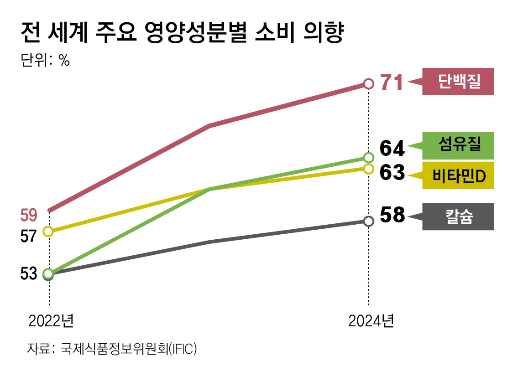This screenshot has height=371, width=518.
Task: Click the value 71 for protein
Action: coord(392,83)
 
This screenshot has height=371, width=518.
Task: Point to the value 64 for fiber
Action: coord(392,149)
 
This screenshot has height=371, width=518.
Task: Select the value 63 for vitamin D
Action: coord(392,173)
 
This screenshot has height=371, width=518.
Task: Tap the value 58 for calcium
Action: coord(392,215)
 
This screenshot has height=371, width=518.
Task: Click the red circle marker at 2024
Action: coord(369,84)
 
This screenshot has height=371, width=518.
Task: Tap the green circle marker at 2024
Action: coord(369,158)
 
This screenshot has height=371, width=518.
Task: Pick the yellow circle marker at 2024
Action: coord(369,169)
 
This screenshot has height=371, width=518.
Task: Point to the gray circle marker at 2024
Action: coord(369,221)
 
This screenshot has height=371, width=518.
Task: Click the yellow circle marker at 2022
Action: coord(48,232)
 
